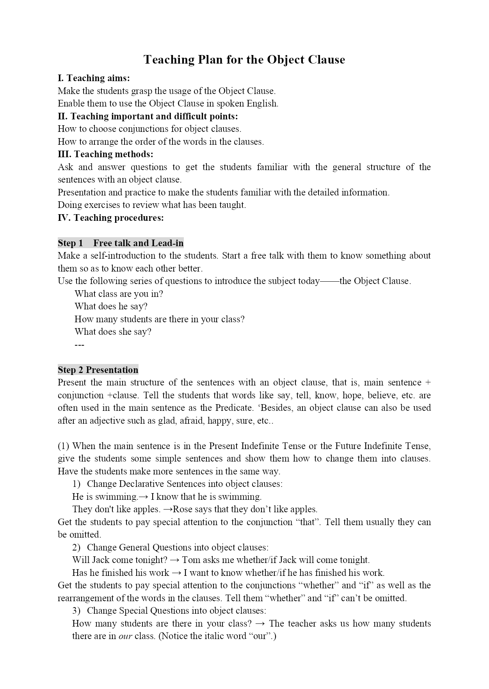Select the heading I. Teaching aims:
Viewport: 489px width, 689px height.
click(x=94, y=78)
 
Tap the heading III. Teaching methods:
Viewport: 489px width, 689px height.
click(x=105, y=154)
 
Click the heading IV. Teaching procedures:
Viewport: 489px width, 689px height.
click(x=111, y=218)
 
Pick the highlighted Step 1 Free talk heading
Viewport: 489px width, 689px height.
click(x=121, y=243)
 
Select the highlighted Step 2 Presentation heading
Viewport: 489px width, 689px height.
click(x=98, y=370)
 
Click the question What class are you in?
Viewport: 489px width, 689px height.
click(x=119, y=294)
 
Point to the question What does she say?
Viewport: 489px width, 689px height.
click(x=113, y=332)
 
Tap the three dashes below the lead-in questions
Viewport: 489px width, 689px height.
click(x=79, y=345)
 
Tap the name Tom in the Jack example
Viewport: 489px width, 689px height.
click(x=191, y=560)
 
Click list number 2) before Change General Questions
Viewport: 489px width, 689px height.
click(x=76, y=548)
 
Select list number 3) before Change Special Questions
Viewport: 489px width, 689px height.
click(x=76, y=611)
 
